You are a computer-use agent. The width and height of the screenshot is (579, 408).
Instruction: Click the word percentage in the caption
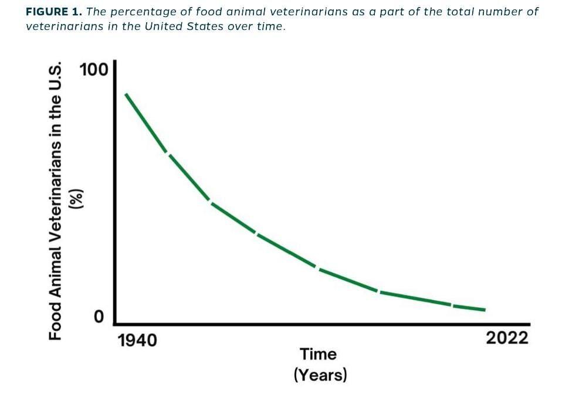point(136,12)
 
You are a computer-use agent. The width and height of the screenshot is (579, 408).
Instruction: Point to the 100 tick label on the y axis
point(94,70)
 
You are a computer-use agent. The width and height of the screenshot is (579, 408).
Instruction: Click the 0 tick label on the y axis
point(99,317)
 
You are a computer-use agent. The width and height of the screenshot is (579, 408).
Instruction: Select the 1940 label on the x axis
point(137,341)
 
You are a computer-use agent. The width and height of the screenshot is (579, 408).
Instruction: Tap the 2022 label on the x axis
point(507,338)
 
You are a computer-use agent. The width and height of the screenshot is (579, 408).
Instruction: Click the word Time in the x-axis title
point(319,355)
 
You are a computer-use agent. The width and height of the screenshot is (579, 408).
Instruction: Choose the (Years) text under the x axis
point(320,375)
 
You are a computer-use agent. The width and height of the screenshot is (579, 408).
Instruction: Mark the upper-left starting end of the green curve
point(126,94)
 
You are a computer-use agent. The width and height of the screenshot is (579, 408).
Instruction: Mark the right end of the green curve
point(485,310)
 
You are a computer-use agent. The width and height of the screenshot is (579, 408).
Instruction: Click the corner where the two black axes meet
point(115,323)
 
